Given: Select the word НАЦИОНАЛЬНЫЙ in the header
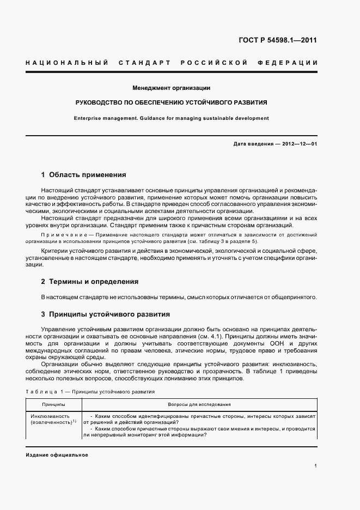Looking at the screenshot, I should [66, 63].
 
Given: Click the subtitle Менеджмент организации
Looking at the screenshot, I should [171, 88].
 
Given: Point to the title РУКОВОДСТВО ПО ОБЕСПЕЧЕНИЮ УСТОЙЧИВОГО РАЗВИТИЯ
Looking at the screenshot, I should [171, 102].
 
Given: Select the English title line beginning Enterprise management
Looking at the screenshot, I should [171, 118].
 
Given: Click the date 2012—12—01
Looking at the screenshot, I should [298, 144].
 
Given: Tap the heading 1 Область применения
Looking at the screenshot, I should [84, 175].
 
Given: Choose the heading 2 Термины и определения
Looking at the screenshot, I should [90, 282].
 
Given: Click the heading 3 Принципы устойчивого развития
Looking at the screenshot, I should [106, 314].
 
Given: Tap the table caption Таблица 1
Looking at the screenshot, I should [46, 391].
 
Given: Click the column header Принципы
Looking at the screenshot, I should [53, 405].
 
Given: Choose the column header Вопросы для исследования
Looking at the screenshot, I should [199, 405].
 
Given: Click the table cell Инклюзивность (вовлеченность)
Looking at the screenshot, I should [51, 419].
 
